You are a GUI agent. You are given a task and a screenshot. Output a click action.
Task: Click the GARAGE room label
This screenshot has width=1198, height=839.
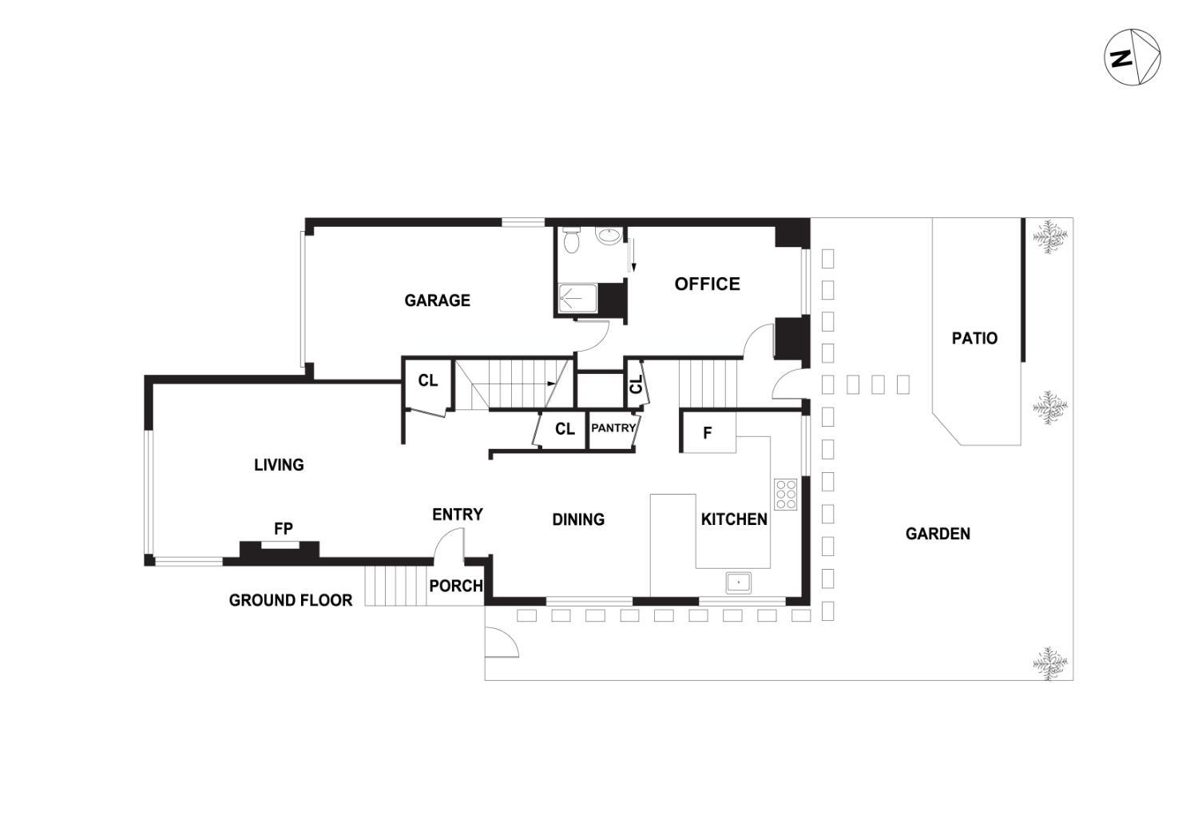(x=437, y=300)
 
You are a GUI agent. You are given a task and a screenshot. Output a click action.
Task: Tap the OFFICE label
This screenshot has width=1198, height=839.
(x=707, y=284)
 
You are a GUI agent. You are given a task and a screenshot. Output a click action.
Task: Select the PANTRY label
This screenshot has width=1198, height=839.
(x=613, y=428)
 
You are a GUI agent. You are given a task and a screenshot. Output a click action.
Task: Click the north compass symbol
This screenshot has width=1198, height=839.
(x=1133, y=57)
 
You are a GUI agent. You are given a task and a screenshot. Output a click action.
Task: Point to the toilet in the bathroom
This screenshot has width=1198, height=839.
(x=571, y=239)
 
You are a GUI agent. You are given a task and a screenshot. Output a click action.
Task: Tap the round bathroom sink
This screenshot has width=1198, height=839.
(x=609, y=237)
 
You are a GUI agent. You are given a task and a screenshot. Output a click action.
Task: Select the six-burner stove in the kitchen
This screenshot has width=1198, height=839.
(x=785, y=494)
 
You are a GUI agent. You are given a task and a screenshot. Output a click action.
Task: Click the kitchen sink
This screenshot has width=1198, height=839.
(x=739, y=583)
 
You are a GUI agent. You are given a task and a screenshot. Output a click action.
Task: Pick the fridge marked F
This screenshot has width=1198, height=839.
(x=708, y=433)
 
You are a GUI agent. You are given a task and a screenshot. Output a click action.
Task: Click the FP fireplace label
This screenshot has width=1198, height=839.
(x=283, y=528)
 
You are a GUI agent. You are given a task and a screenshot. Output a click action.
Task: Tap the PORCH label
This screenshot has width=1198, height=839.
(x=455, y=586)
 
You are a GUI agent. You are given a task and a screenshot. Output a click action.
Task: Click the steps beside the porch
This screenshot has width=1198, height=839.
(x=395, y=585)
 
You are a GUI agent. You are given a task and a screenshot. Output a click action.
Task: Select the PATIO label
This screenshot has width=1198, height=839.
(x=974, y=338)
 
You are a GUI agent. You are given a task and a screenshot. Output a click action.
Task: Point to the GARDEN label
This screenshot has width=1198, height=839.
(x=938, y=534)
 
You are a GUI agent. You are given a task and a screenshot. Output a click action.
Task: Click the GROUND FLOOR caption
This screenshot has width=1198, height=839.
(x=290, y=600)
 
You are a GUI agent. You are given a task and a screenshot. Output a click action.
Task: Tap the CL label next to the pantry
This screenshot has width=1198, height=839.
(x=565, y=429)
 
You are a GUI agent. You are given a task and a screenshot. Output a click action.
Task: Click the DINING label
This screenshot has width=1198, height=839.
(x=578, y=519)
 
